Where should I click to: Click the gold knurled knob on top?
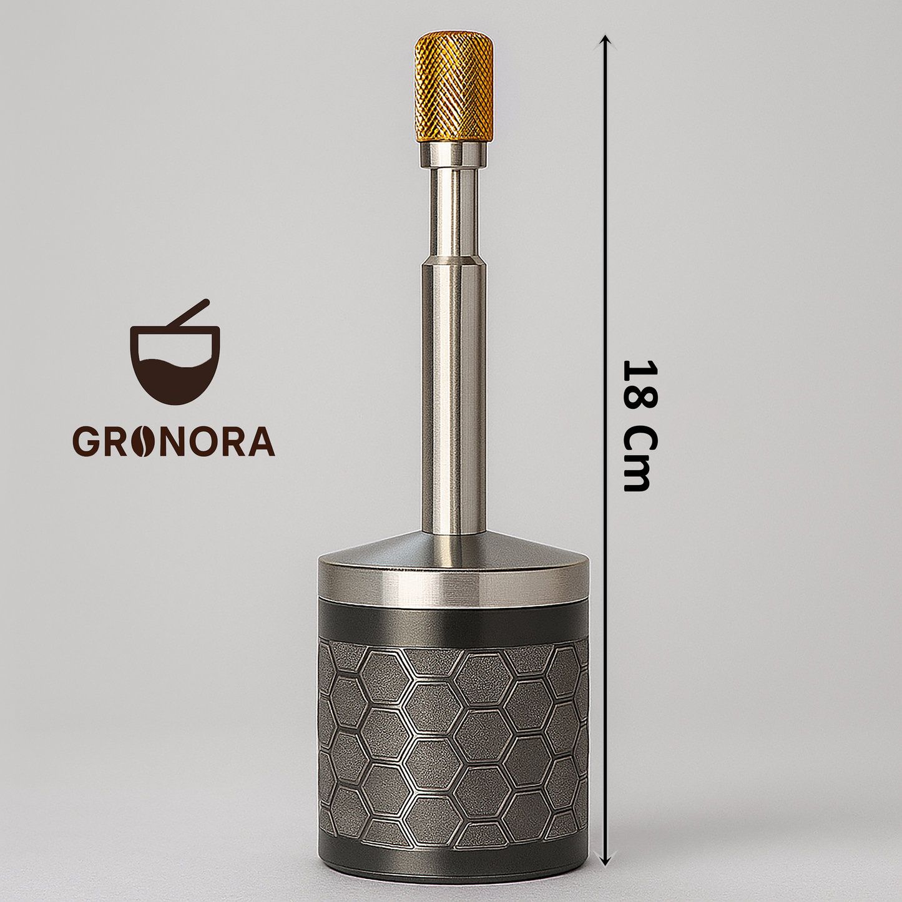pos(453,88)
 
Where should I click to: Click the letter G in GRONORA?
pos(85,441)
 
